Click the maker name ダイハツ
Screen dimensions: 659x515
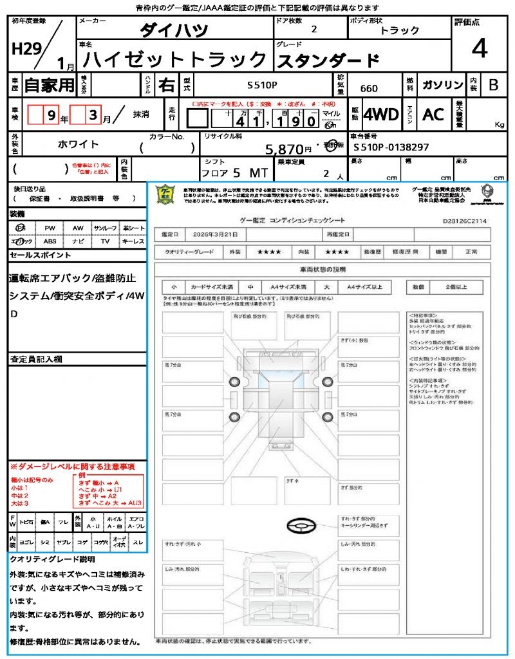[x=174, y=30]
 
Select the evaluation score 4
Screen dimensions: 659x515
[x=478, y=48]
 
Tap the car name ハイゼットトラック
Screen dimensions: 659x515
[x=175, y=60]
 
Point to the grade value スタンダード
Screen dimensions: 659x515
[x=328, y=60]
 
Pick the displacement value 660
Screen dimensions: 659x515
[x=369, y=89]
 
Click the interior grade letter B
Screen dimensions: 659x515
[x=493, y=85]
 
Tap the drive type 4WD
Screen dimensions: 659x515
[x=381, y=115]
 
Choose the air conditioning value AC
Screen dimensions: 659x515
[x=433, y=115]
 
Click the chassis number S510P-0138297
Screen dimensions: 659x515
[x=391, y=148]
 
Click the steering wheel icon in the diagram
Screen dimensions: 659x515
[x=301, y=526]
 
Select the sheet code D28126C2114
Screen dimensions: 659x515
[x=465, y=221]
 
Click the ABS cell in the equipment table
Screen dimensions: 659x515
[x=50, y=241]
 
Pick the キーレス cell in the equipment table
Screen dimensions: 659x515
[x=133, y=241]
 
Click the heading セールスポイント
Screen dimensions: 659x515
[x=40, y=255]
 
